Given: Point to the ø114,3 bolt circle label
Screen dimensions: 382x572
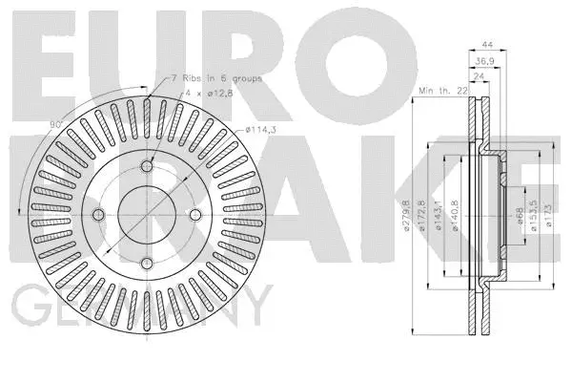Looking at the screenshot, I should click(x=261, y=130).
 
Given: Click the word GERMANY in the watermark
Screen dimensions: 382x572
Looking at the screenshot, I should click(x=133, y=310).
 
